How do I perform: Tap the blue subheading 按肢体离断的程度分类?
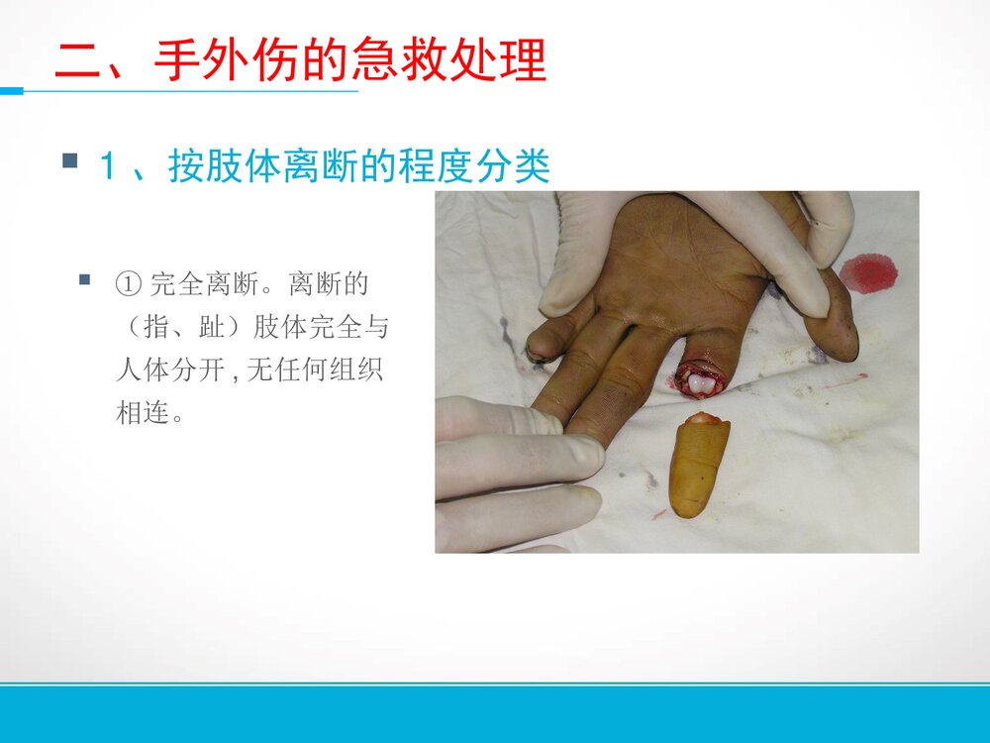[x=358, y=165]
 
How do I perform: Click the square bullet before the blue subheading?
[x=70, y=159]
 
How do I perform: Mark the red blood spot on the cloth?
[x=868, y=272]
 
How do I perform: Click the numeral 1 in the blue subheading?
[x=107, y=166]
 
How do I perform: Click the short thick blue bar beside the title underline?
[x=11, y=91]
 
